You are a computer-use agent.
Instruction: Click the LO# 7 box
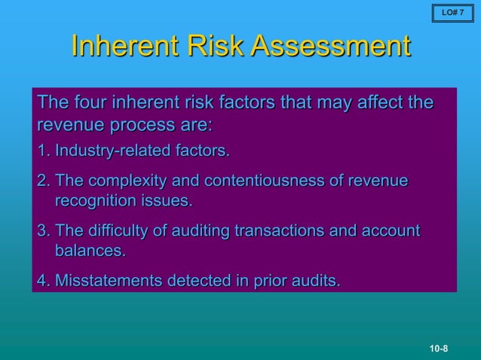pos(452,13)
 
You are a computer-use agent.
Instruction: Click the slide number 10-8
pos(439,348)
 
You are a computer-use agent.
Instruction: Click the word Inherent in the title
pos(120,46)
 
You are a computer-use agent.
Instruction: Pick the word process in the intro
pos(139,124)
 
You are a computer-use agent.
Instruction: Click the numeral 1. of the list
pos(44,151)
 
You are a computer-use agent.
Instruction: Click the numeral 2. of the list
pos(44,182)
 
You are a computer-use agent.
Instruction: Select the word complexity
pos(125,182)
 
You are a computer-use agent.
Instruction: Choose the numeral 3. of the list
pos(44,231)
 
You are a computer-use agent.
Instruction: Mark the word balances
pos(89,251)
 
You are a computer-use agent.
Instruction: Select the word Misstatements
pos(109,282)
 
